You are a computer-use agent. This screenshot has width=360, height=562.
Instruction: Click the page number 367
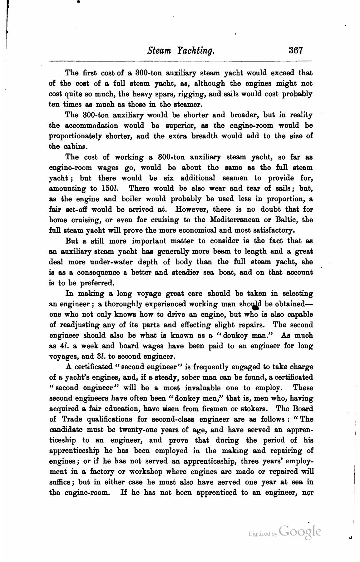(x=296, y=50)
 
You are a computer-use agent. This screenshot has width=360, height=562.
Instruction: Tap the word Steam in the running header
(x=158, y=50)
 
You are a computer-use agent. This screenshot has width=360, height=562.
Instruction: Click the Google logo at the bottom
(x=300, y=531)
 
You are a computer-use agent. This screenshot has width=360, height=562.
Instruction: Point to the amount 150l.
(x=109, y=188)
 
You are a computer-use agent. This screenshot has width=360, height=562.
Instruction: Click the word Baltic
(x=286, y=220)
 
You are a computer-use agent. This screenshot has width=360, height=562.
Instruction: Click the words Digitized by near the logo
(x=263, y=534)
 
